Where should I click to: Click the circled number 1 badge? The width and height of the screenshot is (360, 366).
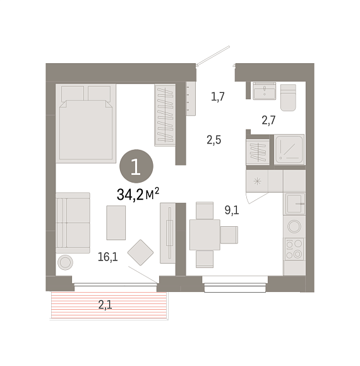tap(136, 166)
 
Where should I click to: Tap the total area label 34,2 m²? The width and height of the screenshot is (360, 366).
tap(138, 195)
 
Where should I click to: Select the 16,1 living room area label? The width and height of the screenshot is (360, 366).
tap(108, 257)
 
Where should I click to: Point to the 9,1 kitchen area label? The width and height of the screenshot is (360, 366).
tap(232, 210)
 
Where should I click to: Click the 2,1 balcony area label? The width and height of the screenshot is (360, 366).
tap(105, 305)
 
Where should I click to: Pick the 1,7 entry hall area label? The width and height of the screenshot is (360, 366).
tap(217, 97)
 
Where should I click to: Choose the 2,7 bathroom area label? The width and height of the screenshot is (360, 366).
tap(268, 120)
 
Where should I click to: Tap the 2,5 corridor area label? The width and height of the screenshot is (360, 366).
tap(214, 140)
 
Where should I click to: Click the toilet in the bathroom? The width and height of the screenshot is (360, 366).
tap(288, 97)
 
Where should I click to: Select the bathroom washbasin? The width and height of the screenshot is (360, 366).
tap(265, 91)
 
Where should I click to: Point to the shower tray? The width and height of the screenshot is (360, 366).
tap(289, 149)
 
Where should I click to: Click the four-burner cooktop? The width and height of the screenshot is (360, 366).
tap(294, 249)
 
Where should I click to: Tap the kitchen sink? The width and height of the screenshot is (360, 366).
tap(294, 204)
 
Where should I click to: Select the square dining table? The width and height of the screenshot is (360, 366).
tap(205, 235)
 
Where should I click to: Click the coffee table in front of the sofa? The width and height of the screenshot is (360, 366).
tap(116, 223)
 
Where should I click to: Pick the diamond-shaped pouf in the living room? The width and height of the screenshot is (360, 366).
tap(140, 252)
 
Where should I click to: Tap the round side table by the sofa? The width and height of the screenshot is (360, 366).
tap(65, 262)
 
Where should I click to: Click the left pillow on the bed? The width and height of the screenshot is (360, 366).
tap(73, 94)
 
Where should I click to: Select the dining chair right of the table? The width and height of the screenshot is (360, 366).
tap(229, 235)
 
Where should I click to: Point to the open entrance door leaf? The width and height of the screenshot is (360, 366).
tap(213, 55)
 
